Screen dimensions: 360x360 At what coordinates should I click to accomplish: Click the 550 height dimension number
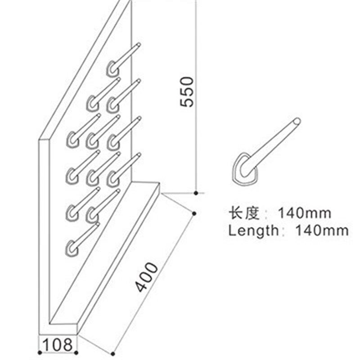[x=187, y=92]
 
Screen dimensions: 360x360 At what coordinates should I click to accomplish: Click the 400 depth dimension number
[x=146, y=277]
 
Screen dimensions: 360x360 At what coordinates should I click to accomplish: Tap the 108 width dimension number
[x=58, y=345]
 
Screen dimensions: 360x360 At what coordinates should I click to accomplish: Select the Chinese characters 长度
[x=244, y=213]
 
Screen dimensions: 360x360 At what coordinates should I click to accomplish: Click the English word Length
[x=253, y=230]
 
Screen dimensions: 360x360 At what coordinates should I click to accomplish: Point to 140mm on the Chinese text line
[x=305, y=213]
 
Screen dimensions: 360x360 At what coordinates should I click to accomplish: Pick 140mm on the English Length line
[x=322, y=230]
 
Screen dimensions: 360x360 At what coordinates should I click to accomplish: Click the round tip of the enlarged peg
[x=297, y=121]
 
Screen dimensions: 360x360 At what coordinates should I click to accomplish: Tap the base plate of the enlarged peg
[x=244, y=168]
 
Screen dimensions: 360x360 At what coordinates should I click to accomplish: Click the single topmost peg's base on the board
[x=113, y=68]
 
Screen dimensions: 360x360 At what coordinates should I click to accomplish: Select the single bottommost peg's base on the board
[x=72, y=248]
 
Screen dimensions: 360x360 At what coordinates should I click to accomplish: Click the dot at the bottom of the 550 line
[x=196, y=193]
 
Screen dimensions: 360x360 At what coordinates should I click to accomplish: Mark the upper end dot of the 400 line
[x=194, y=213]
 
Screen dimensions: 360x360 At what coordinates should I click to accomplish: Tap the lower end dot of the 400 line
[x=113, y=354]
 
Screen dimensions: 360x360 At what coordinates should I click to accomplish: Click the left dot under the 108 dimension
[x=40, y=353]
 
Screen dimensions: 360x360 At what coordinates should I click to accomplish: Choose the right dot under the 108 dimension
[x=76, y=353]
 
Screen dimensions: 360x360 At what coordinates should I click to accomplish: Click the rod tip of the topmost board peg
[x=139, y=45]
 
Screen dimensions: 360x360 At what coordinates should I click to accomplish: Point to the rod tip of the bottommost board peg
[x=98, y=224]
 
